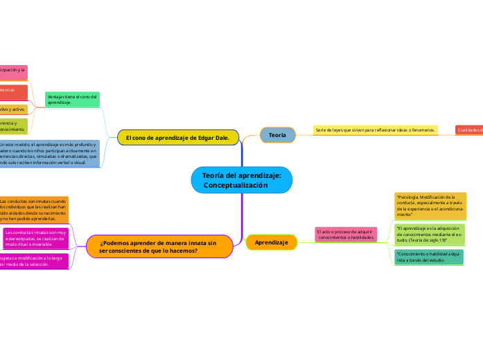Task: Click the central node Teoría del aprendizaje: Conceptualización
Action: pyautogui.click(x=242, y=181)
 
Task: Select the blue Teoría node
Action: pyautogui.click(x=277, y=135)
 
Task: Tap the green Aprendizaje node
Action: pyautogui.click(x=272, y=242)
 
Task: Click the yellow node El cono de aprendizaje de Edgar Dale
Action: pyautogui.click(x=178, y=138)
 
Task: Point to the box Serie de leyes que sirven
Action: pyautogui.click(x=375, y=130)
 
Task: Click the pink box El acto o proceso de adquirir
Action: pyautogui.click(x=346, y=235)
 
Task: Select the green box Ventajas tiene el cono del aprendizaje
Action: pyautogui.click(x=72, y=100)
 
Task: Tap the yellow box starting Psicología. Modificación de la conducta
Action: pyautogui.click(x=430, y=206)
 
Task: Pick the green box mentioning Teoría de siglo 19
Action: pyautogui.click(x=430, y=235)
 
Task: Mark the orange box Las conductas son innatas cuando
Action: pyautogui.click(x=33, y=210)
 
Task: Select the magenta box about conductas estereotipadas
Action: pyautogui.click(x=35, y=238)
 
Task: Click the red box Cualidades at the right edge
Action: pyautogui.click(x=469, y=130)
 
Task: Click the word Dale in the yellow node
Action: pyautogui.click(x=222, y=138)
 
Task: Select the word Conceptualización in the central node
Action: pyautogui.click(x=235, y=186)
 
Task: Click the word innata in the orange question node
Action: pyautogui.click(x=193, y=243)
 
